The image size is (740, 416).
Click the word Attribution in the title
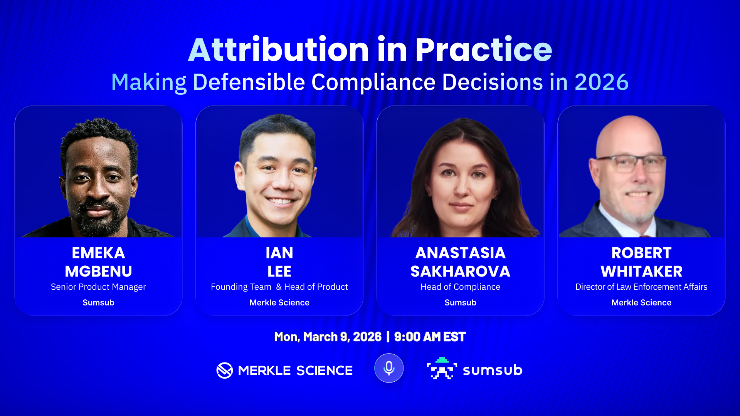279,50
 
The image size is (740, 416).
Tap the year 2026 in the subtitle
601,82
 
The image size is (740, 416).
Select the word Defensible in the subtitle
249,82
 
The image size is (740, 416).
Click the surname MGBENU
98,272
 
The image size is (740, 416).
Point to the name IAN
279,253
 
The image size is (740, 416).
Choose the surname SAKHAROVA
460,272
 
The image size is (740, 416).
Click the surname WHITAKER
641,272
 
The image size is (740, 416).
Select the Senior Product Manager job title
98,287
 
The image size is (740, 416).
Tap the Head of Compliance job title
460,287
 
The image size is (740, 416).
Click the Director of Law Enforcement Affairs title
641,287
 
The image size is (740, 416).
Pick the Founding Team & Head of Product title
279,287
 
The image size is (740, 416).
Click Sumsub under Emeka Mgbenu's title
98,303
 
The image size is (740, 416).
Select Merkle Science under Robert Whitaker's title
641,303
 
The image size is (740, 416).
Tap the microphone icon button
389,368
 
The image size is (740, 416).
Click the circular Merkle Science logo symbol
225,371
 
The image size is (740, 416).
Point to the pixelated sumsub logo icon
442,369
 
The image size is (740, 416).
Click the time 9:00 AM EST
430,337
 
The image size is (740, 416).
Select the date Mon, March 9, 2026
328,337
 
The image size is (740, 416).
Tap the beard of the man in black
98,218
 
